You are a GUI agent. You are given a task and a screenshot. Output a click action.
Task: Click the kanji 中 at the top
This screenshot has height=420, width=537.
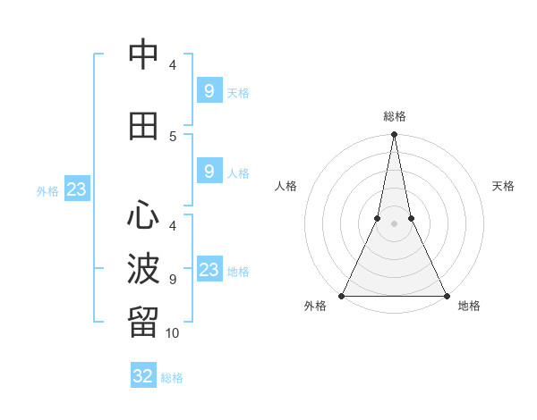tap(143, 55)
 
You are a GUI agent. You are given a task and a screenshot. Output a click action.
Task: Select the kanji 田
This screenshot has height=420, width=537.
tap(143, 126)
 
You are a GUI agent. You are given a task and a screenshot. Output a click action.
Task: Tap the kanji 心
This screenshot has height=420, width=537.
tap(143, 215)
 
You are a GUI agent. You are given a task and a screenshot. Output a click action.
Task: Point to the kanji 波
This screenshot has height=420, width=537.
tap(143, 269)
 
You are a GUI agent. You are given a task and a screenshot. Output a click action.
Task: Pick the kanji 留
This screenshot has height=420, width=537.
tap(143, 323)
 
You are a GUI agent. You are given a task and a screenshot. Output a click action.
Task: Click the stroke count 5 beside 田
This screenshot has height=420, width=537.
tap(173, 136)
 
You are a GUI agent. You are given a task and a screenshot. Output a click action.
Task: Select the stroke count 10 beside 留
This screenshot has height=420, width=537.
tap(173, 332)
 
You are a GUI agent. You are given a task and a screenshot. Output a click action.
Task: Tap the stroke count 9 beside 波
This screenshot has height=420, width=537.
tap(173, 279)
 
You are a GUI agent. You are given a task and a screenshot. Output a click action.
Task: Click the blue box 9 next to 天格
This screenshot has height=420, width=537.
tap(209, 90)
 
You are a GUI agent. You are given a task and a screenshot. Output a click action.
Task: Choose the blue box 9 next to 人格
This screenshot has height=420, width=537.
tap(209, 171)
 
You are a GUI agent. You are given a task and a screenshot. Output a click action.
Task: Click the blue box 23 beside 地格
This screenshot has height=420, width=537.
tap(209, 269)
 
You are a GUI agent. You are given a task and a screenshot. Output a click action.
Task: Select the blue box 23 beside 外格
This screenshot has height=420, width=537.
tap(76, 189)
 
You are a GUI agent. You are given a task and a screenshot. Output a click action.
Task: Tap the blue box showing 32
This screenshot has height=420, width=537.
tap(143, 376)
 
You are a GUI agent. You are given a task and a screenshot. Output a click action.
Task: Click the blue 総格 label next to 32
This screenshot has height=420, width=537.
tap(172, 378)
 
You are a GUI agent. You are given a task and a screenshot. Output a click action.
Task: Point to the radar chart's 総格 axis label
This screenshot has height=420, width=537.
tap(394, 116)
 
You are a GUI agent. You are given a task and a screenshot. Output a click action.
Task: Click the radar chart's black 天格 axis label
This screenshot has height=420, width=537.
tap(503, 186)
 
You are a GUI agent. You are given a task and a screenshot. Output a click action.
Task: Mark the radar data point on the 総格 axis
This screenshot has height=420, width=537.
tap(394, 135)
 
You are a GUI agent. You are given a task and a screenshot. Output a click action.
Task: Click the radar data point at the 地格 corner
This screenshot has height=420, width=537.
tap(446, 295)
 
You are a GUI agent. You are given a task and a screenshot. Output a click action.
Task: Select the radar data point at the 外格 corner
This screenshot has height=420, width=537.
tap(342, 295)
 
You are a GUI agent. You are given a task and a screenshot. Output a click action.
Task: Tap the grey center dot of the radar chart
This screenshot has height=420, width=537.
tap(394, 223)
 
